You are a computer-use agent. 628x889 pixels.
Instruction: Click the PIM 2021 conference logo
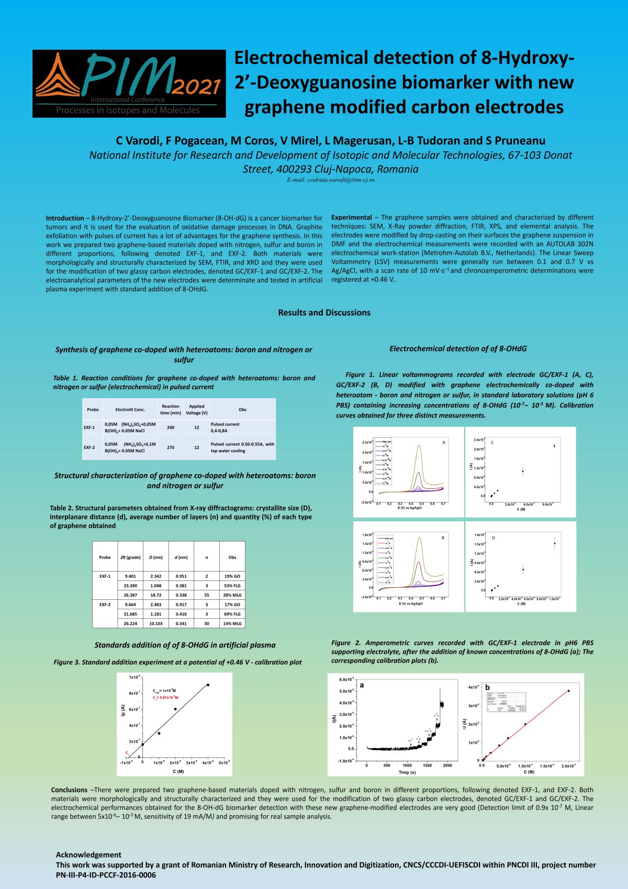pos(129,83)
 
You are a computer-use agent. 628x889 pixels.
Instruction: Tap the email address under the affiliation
pos(330,180)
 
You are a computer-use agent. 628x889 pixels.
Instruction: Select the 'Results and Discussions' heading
pos(324,313)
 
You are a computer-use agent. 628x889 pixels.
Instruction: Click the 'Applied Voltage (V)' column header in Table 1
pos(196,409)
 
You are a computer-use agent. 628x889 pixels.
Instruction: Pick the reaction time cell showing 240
pos(171,427)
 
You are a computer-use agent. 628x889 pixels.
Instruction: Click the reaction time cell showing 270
pos(171,447)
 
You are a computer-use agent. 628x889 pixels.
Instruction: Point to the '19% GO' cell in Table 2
pos(232,576)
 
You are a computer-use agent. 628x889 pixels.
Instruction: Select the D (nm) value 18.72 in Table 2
pos(155,595)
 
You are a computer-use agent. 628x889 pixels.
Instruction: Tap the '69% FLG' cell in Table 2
pos(232,614)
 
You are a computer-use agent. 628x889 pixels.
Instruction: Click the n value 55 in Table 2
pos(207,595)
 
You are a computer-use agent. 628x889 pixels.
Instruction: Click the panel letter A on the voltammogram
pos(444,443)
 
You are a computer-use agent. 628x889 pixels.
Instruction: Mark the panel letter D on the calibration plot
pos(494,538)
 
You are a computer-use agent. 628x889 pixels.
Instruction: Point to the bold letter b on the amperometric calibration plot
pos(488,687)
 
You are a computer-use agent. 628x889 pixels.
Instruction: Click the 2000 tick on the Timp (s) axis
pos(447,765)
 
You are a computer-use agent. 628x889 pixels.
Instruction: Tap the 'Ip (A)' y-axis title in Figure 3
pos(123,711)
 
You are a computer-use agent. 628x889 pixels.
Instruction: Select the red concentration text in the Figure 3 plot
pos(165,698)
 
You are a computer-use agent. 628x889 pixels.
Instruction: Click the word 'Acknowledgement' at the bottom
pos(88,854)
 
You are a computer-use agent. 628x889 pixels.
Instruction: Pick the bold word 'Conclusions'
pos(69,790)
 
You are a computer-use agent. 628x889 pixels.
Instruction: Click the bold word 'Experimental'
pos(352,217)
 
